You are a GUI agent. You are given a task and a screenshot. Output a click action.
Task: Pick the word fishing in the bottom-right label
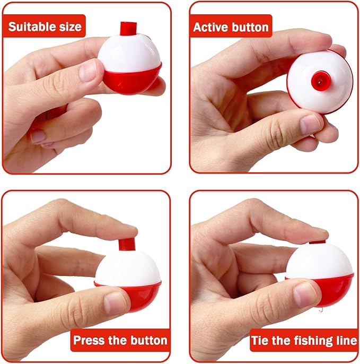(x=309, y=341)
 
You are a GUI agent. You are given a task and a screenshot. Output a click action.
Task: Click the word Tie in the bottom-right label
(x=260, y=341)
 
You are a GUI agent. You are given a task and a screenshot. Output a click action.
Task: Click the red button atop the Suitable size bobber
(x=128, y=28)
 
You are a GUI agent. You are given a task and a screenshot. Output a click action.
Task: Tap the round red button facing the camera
(x=321, y=81)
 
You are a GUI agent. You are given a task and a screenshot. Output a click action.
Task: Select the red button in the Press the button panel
(x=127, y=244)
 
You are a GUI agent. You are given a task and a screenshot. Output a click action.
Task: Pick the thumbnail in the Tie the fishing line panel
(x=305, y=294)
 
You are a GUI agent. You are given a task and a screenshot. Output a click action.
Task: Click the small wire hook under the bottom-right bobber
(x=320, y=310)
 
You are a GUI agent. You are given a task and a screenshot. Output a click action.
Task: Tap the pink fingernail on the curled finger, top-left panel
(x=38, y=136)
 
